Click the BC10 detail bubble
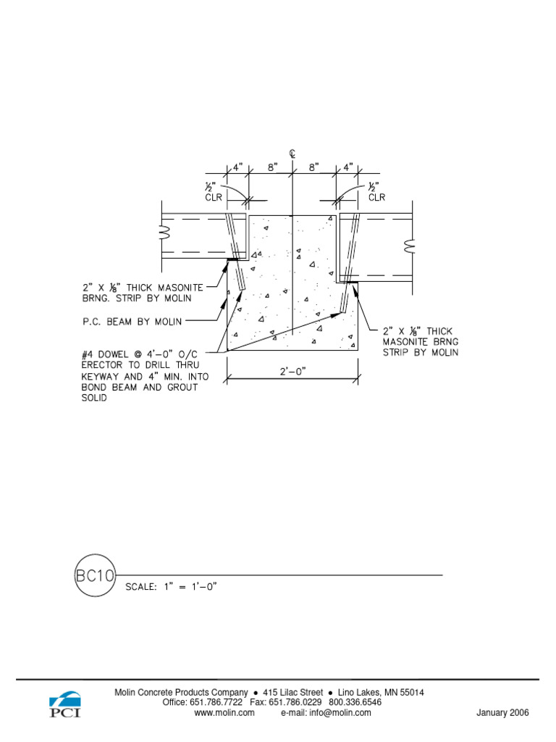pos(95,575)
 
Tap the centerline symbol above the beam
pos(292,154)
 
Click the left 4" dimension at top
pos(237,167)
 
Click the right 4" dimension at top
pos(347,167)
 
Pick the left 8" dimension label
pos(272,167)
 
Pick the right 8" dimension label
pos(313,167)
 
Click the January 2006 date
pos(502,713)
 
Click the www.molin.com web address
pos(224,713)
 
